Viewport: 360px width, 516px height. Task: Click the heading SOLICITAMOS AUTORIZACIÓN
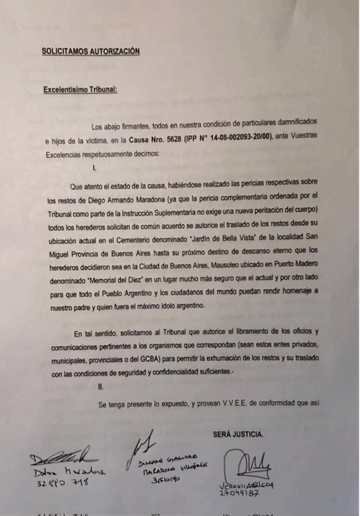[x=91, y=51]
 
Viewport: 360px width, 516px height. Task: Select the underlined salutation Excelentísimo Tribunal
[x=80, y=89]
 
